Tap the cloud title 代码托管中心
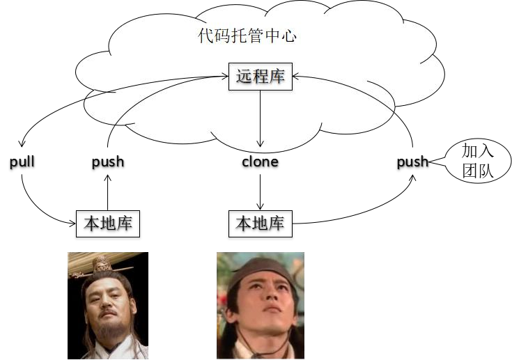tap(247, 36)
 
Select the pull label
tap(22, 162)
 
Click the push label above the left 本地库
tap(108, 162)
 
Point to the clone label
tap(260, 162)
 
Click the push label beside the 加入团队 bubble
tap(412, 162)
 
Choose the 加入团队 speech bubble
tap(477, 162)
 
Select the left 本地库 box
tap(108, 224)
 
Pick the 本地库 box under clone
tap(261, 224)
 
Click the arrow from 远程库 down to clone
tap(261, 118)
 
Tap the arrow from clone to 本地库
tap(261, 191)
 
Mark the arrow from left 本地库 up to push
tap(108, 191)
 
